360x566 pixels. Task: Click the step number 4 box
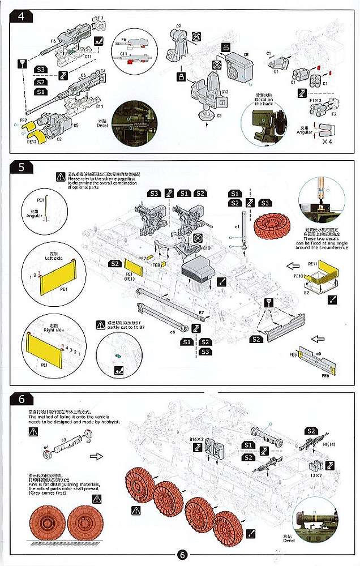21,15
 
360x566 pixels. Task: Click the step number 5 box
20,168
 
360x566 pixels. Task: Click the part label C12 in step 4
225,92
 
